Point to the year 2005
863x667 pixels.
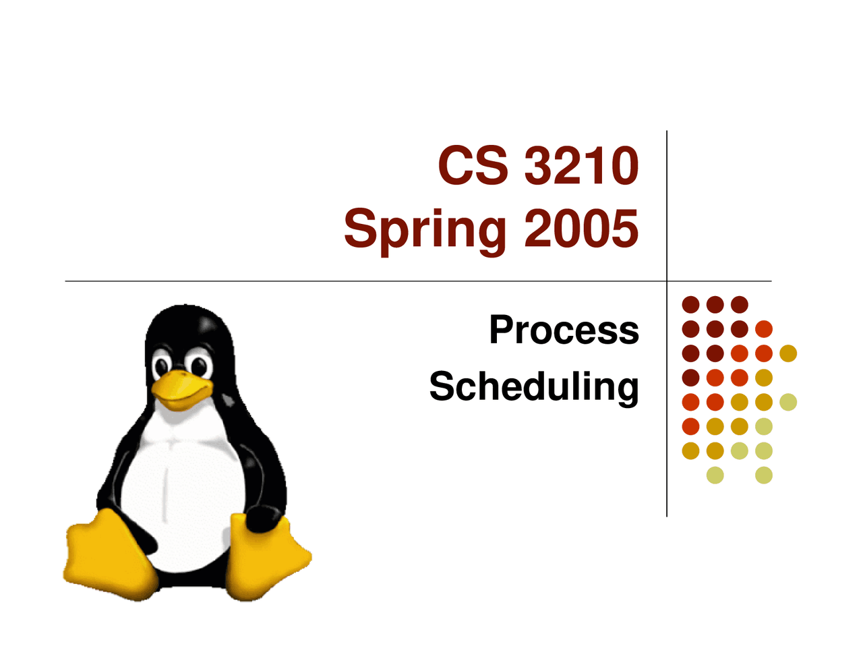click(581, 228)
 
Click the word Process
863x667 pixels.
click(564, 330)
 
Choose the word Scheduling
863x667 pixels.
click(533, 387)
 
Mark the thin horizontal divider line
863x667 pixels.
click(337, 281)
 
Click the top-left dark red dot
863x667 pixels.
click(690, 305)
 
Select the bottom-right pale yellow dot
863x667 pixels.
click(764, 475)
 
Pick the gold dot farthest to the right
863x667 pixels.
click(788, 353)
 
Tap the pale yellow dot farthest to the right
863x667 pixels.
click(788, 402)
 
